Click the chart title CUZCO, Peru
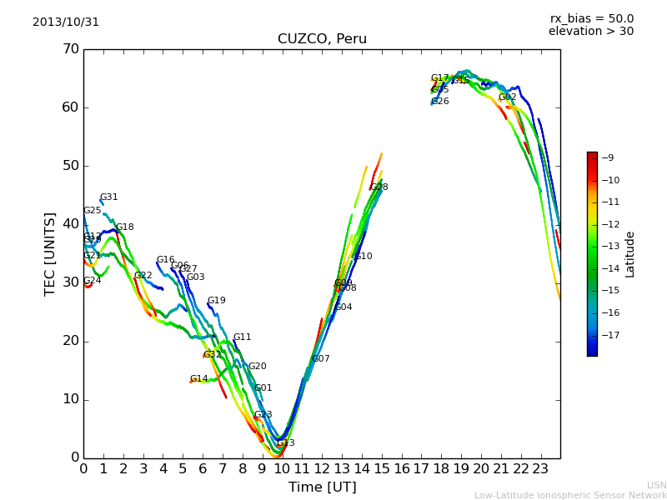pyautogui.click(x=322, y=39)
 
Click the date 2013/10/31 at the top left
pyautogui.click(x=66, y=22)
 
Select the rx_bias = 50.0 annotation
pyautogui.click(x=591, y=19)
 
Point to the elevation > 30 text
pyautogui.click(x=590, y=32)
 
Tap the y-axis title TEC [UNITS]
pyautogui.click(x=51, y=253)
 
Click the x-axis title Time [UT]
pyautogui.click(x=322, y=487)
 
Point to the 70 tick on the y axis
pyautogui.click(x=69, y=49)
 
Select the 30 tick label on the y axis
pyautogui.click(x=69, y=282)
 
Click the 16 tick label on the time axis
pyautogui.click(x=401, y=468)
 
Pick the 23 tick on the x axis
pyautogui.click(x=540, y=468)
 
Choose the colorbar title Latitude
pyautogui.click(x=630, y=254)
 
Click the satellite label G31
pyautogui.click(x=109, y=197)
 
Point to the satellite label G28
pyautogui.click(x=379, y=187)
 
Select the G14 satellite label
pyautogui.click(x=199, y=379)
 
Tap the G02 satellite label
pyautogui.click(x=508, y=97)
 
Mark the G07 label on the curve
pyautogui.click(x=321, y=359)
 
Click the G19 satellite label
pyautogui.click(x=217, y=301)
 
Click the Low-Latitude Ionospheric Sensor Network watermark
pyautogui.click(x=570, y=495)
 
